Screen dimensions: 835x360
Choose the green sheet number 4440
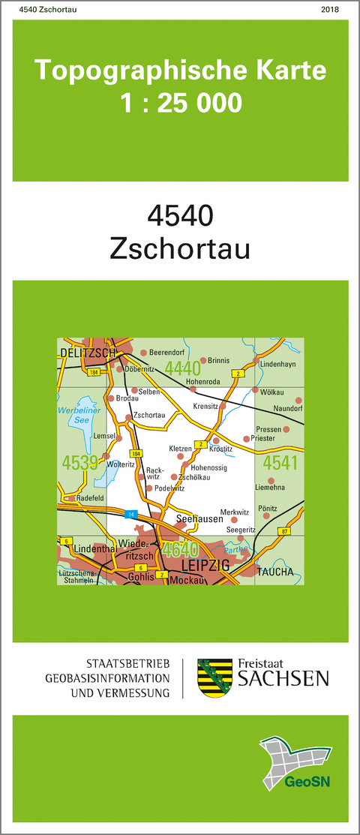pyautogui.click(x=183, y=368)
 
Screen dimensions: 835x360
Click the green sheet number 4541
pyautogui.click(x=281, y=462)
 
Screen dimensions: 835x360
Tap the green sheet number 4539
pyautogui.click(x=82, y=461)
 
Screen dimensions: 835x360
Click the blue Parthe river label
pyautogui.click(x=235, y=548)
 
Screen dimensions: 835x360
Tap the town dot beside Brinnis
pyautogui.click(x=202, y=360)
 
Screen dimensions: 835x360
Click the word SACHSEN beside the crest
pyautogui.click(x=283, y=679)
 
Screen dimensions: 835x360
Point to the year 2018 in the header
pyautogui.click(x=328, y=10)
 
